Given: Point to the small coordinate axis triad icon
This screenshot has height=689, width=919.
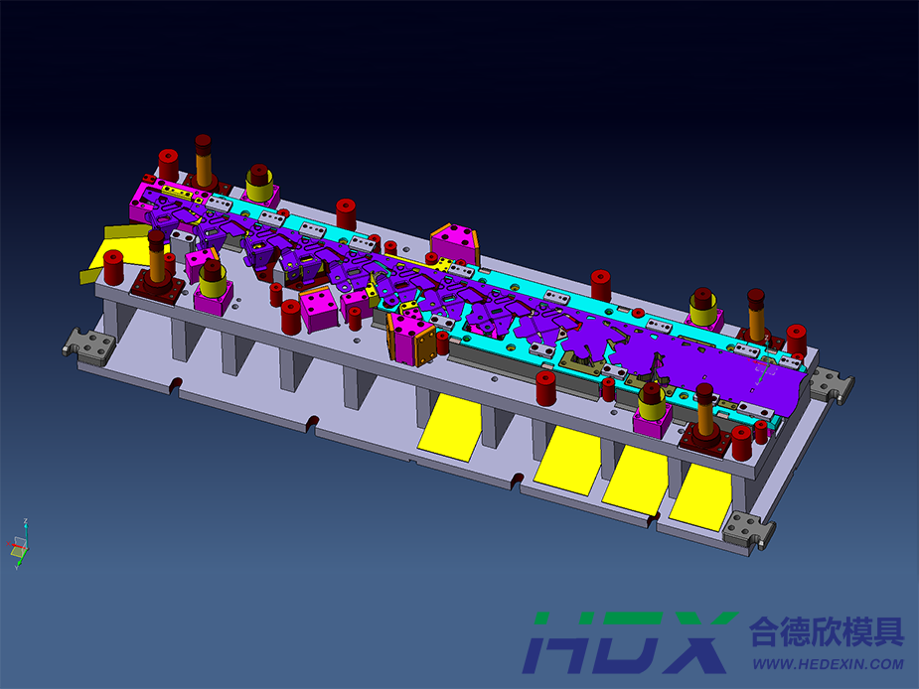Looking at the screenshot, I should click(x=19, y=544).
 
